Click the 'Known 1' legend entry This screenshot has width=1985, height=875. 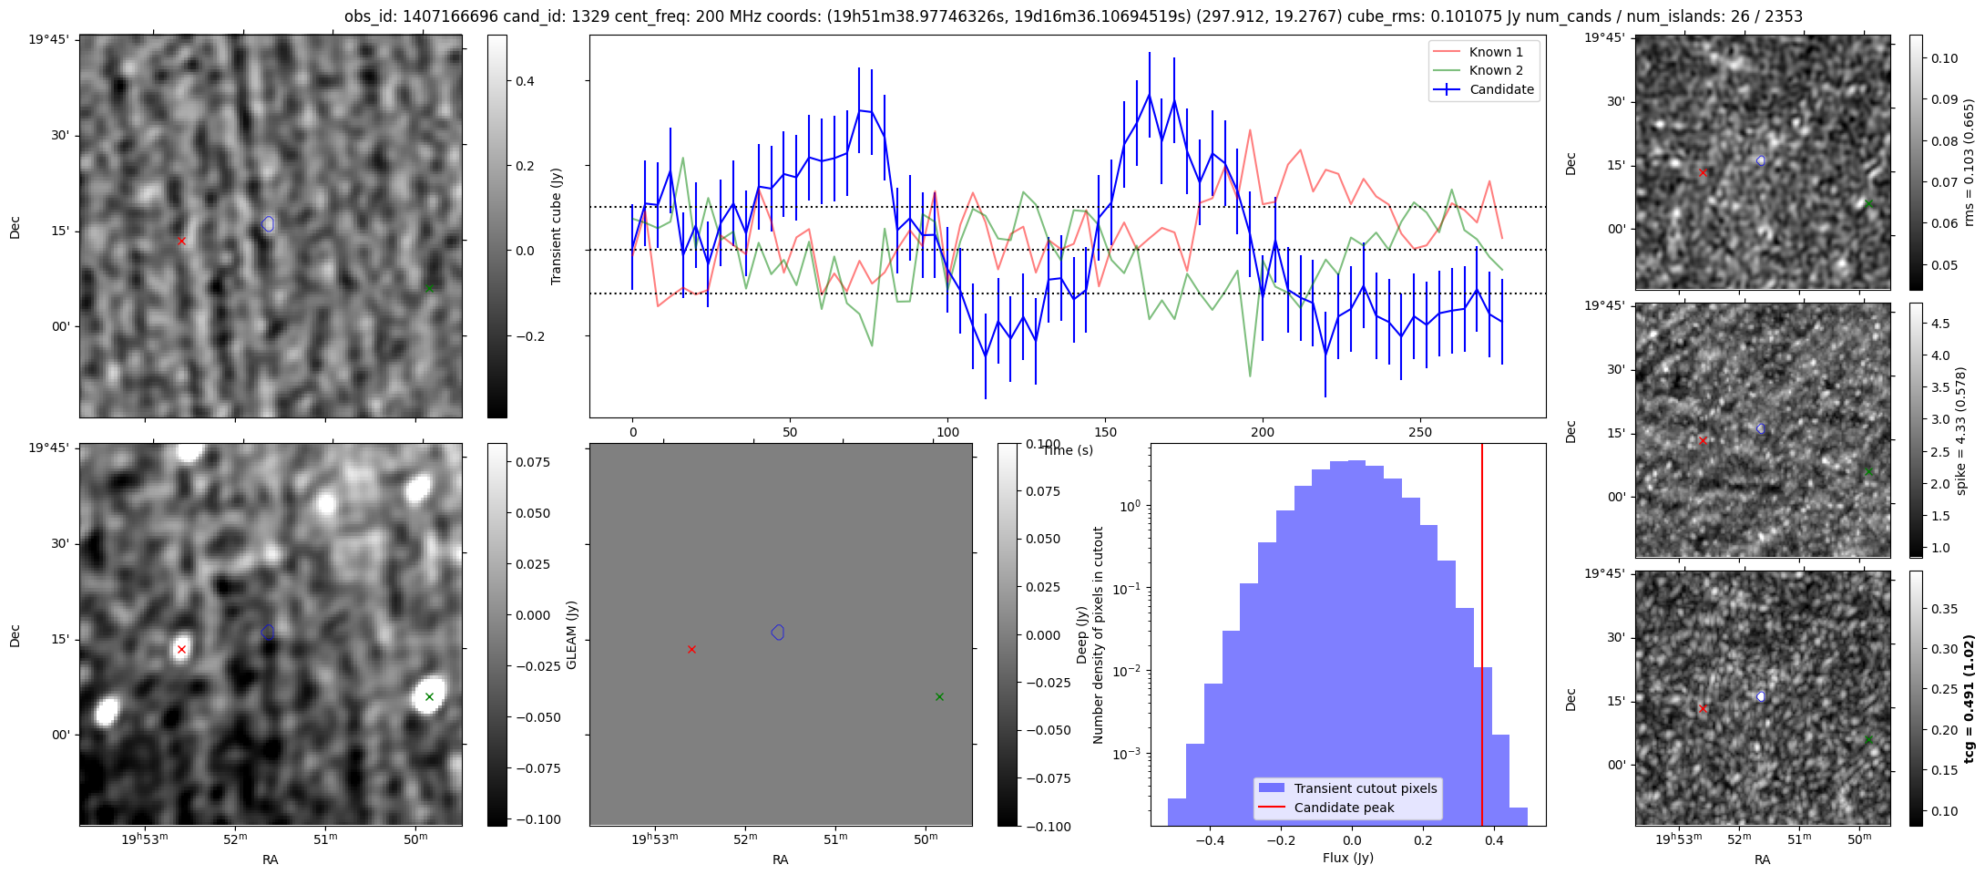(x=1496, y=52)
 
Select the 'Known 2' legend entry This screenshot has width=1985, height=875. (x=1496, y=70)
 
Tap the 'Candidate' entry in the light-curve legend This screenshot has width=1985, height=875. (x=1501, y=89)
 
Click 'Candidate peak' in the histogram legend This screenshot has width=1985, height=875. (x=1344, y=808)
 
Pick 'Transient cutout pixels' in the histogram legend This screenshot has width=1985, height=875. (x=1365, y=788)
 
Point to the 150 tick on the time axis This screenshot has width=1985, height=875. (x=1105, y=432)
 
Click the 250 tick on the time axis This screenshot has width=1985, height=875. (x=1420, y=432)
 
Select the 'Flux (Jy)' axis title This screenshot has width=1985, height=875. (x=1347, y=858)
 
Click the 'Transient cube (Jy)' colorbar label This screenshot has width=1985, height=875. (x=556, y=226)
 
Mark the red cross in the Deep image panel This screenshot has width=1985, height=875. (x=181, y=649)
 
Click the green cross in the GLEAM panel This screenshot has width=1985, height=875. (x=939, y=696)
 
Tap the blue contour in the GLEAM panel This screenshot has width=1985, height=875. (x=778, y=633)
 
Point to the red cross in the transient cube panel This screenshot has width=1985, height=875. (x=181, y=241)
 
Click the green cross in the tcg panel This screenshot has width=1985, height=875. (x=1868, y=739)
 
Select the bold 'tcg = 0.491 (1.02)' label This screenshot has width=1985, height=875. (x=1968, y=698)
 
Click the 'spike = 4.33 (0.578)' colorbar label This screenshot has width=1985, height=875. (x=1961, y=430)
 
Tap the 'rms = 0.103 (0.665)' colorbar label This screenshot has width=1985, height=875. (x=1969, y=162)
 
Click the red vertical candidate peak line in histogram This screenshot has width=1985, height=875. (x=1482, y=638)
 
